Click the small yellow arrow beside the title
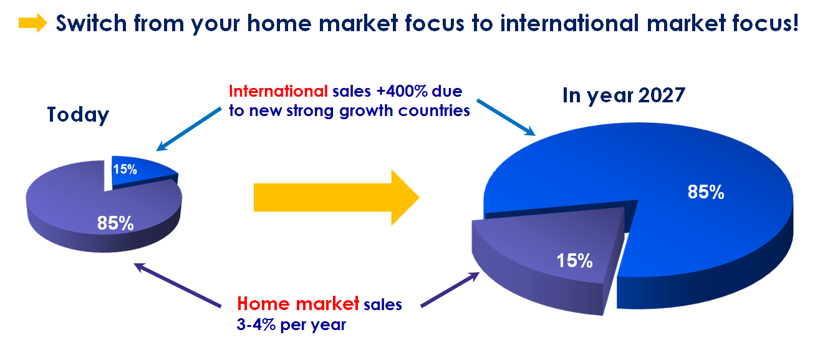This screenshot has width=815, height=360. pyautogui.click(x=32, y=24)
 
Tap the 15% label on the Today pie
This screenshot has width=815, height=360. pyautogui.click(x=125, y=169)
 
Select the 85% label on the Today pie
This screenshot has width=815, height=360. pyautogui.click(x=115, y=223)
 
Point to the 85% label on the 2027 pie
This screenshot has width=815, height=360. pyautogui.click(x=706, y=192)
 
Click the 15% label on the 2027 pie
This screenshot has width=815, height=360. pyautogui.click(x=574, y=260)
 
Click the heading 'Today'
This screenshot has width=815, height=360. pyautogui.click(x=78, y=115)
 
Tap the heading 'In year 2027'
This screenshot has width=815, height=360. pyautogui.click(x=624, y=95)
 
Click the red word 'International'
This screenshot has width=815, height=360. pyautogui.click(x=278, y=92)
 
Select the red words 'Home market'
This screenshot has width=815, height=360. pyautogui.click(x=298, y=304)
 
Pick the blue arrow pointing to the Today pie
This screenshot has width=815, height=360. pyautogui.click(x=190, y=129)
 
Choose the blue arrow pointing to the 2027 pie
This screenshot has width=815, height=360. pyautogui.click(x=506, y=116)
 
